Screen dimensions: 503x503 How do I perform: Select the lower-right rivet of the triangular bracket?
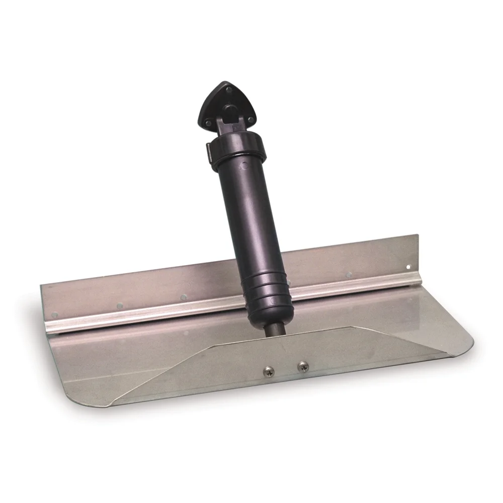pyautogui.click(x=249, y=119)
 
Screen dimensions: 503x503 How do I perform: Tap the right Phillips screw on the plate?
pyautogui.click(x=302, y=367)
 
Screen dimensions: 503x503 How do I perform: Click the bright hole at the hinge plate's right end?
pyautogui.click(x=408, y=267)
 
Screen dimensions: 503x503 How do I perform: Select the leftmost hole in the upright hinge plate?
pyautogui.click(x=54, y=315)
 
